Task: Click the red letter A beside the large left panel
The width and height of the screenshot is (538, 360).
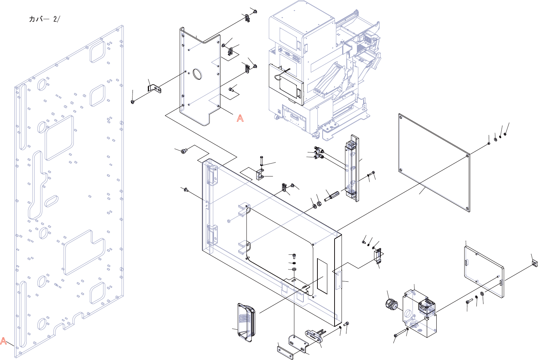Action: coord(3,341)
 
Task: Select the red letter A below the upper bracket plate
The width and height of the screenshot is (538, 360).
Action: coord(240,118)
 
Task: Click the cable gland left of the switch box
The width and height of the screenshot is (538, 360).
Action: coord(390,304)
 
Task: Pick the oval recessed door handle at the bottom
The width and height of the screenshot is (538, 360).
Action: coord(246,322)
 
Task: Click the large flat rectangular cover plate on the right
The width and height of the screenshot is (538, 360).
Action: coord(434,162)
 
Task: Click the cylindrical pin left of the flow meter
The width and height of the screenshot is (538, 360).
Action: coord(332,196)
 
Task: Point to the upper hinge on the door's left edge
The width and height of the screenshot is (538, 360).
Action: coord(212,174)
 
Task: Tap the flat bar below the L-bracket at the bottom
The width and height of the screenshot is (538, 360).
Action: coord(285,353)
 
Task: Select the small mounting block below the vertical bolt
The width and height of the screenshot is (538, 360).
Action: coord(260,174)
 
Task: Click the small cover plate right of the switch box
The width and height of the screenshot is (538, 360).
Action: coord(484,272)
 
